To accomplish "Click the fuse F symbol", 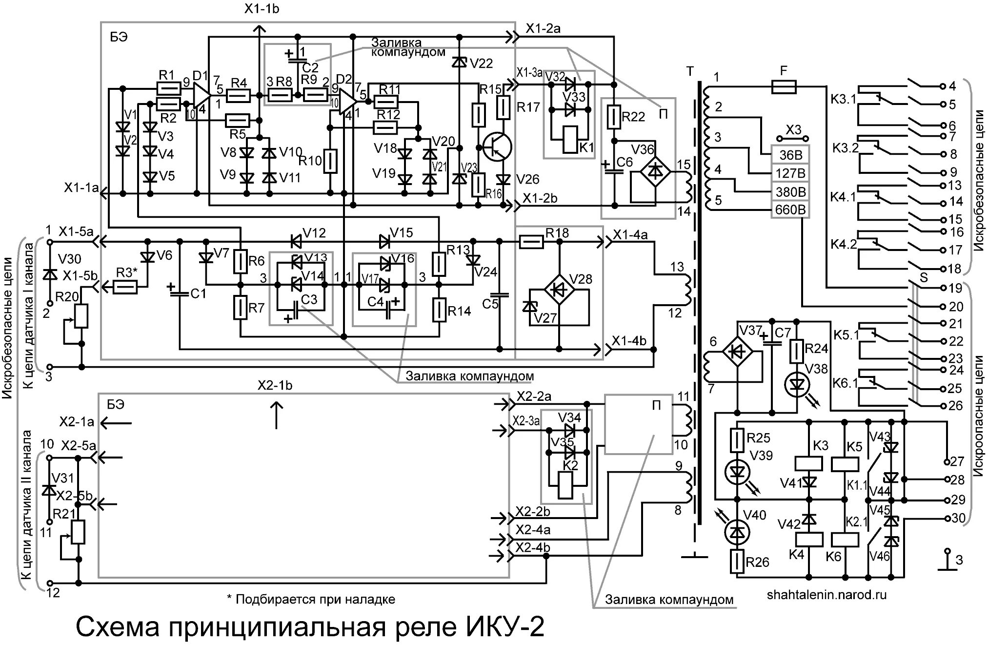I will pos(784,87).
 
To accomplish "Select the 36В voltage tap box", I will pos(790,155).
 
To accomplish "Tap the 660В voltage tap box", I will pos(790,210).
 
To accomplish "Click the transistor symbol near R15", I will pos(497,146).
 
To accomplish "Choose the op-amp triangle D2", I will pos(347,101).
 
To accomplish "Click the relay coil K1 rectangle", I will pos(569,139).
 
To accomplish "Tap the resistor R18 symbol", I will pos(531,241).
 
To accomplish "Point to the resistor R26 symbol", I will pos(737,562).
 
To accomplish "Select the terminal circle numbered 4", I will pos(942,86).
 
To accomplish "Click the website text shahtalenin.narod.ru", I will pos(827,595).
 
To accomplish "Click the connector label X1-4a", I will pos(630,235).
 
